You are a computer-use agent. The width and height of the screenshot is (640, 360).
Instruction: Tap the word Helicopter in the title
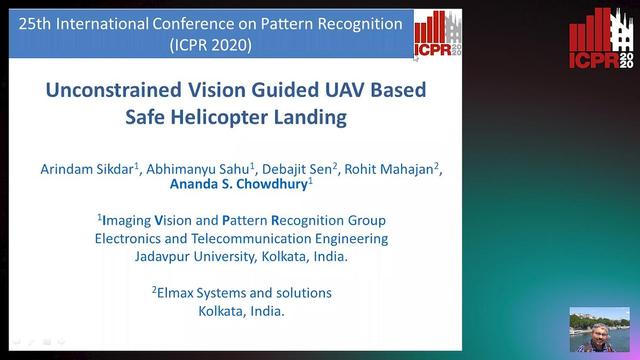230,117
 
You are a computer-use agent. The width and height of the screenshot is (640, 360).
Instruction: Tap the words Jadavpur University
190,256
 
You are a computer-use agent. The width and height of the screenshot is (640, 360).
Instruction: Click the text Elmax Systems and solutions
241,293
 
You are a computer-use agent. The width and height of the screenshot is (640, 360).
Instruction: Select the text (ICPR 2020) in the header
211,44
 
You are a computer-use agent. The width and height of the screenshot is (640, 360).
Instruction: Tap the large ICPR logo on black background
601,44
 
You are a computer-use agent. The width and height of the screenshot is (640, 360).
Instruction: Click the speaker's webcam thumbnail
600,329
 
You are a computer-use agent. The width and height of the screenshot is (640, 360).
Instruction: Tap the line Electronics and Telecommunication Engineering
241,238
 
